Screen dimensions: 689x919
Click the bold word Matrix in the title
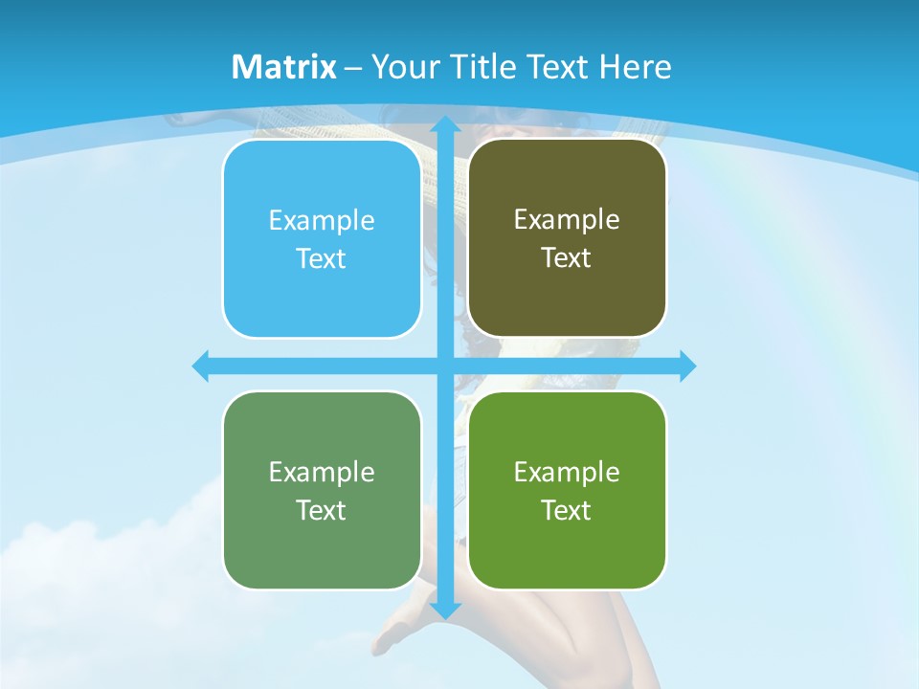click(284, 67)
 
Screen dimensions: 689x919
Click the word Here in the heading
click(635, 67)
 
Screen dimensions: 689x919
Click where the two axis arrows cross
click(445, 367)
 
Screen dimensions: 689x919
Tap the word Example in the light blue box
click(322, 221)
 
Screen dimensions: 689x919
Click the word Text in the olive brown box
click(567, 258)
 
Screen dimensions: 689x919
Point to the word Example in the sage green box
click(322, 472)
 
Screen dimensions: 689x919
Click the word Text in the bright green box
click(567, 510)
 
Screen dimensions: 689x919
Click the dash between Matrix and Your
click(353, 68)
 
